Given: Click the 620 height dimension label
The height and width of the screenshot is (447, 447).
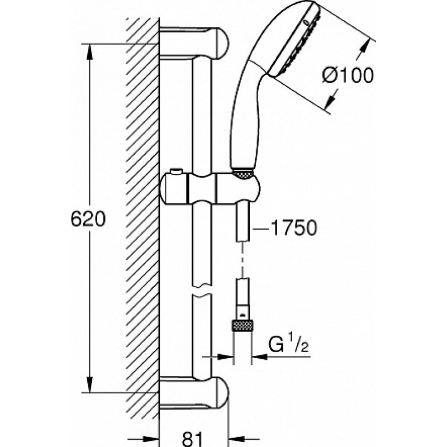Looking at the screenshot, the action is click(x=88, y=219).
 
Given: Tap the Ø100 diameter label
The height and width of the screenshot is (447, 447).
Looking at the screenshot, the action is click(x=348, y=75).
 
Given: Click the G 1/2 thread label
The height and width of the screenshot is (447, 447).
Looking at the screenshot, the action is click(x=288, y=344).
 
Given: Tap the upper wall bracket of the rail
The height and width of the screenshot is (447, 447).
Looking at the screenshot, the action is click(x=194, y=43).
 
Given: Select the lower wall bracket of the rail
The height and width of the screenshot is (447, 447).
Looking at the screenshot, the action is click(x=194, y=392).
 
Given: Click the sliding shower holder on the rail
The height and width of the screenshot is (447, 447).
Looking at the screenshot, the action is click(x=211, y=189).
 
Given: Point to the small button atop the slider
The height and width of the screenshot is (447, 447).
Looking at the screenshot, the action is click(x=175, y=172).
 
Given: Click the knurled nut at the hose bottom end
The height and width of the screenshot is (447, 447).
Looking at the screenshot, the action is click(x=242, y=326).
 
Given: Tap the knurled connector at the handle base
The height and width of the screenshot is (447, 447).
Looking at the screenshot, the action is click(x=243, y=174).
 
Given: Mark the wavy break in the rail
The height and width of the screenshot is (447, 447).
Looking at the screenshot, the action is click(x=202, y=291).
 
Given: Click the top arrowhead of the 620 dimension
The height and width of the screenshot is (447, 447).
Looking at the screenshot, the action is click(x=89, y=52).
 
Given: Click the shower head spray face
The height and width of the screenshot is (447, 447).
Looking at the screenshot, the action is click(x=294, y=40).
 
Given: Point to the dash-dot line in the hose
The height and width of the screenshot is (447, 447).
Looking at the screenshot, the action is click(x=242, y=260).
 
